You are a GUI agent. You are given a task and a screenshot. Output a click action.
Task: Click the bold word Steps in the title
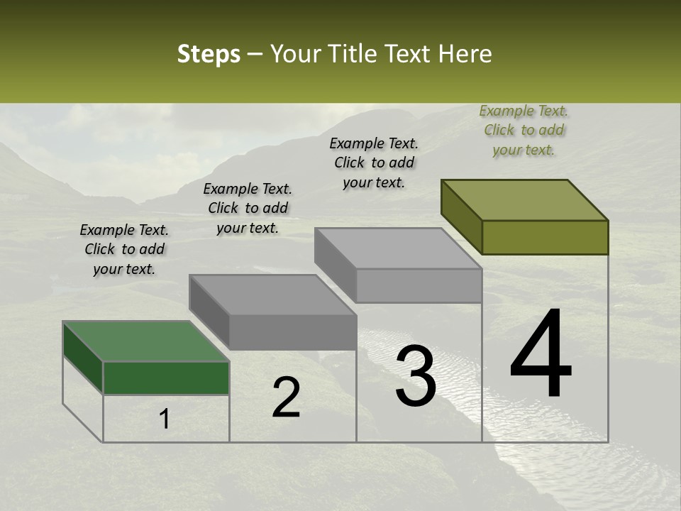(x=209, y=54)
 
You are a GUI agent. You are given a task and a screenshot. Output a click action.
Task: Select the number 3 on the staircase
(x=416, y=376)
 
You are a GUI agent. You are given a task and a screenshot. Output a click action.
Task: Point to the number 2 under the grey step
(x=286, y=397)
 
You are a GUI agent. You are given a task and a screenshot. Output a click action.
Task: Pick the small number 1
(x=165, y=419)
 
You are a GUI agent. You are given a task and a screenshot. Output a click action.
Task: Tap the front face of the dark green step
(x=166, y=378)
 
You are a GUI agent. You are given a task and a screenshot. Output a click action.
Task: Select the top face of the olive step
(x=525, y=199)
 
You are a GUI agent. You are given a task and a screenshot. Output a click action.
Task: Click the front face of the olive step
(x=545, y=237)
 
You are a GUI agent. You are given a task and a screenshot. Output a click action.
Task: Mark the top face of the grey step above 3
(x=398, y=248)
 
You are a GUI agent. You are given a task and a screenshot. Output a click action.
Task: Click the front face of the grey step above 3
(x=419, y=285)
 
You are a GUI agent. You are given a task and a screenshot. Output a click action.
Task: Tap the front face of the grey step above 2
(x=293, y=332)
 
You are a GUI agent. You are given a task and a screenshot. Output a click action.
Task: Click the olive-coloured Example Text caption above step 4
(x=524, y=130)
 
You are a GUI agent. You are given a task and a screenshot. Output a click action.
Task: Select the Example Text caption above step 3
(x=374, y=163)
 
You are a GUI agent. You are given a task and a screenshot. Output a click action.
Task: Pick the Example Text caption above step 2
(x=248, y=208)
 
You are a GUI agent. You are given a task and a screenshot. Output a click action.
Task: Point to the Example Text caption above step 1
(x=124, y=249)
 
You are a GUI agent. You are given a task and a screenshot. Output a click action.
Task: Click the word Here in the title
(x=467, y=54)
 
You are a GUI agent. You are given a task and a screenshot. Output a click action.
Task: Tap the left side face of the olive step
(x=461, y=216)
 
